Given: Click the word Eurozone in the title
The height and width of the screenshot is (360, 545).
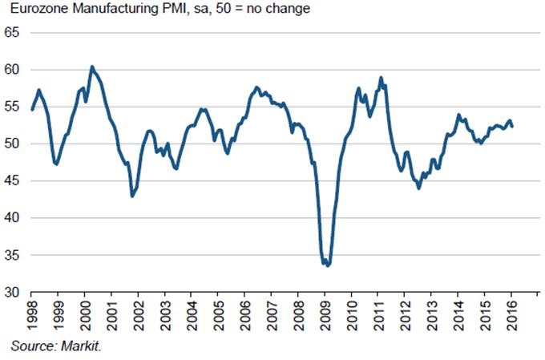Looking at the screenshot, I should [x=34, y=10].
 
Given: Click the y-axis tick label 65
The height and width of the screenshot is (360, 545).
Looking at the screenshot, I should [x=13, y=33].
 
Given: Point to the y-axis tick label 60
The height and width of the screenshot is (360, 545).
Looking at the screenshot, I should [x=13, y=70].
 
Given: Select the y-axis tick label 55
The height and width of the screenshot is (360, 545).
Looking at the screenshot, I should [x=13, y=107].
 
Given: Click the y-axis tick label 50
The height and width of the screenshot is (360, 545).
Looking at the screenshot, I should [x=13, y=144].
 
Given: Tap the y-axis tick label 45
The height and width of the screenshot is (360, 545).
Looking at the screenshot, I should [x=13, y=181].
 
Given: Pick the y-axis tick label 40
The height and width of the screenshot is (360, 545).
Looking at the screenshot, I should [x=13, y=218].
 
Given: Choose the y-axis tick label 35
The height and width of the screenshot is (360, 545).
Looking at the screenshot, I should [x=13, y=255].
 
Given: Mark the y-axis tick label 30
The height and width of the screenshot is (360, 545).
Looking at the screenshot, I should [x=13, y=293].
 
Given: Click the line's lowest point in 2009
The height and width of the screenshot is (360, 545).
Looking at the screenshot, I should [x=329, y=265].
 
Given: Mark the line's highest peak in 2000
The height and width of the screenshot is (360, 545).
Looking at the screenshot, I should [x=91, y=67].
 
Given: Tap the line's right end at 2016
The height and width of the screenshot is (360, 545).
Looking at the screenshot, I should [x=512, y=126].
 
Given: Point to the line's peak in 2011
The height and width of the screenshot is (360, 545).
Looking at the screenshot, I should [x=381, y=78].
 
